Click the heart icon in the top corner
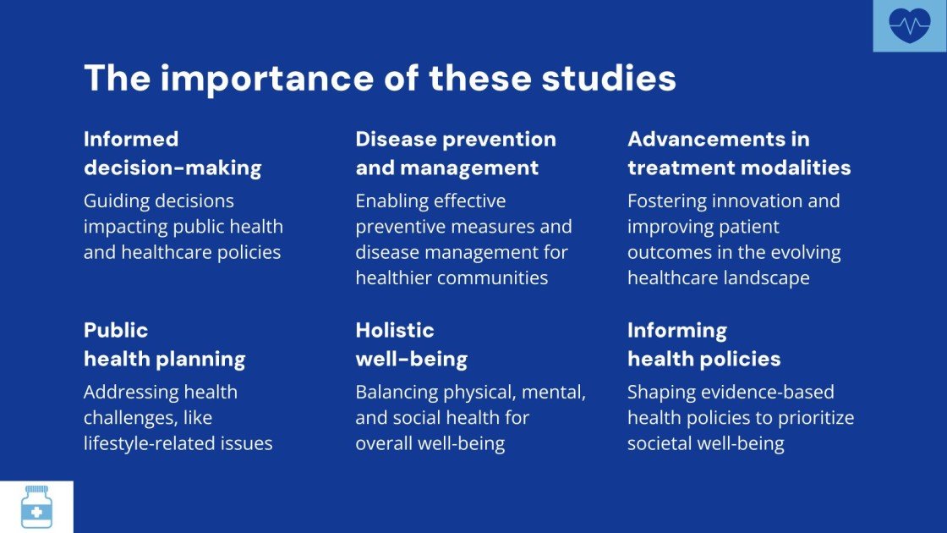(909, 26)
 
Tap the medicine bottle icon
(36, 507)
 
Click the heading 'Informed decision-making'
(172, 153)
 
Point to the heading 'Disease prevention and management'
(456, 153)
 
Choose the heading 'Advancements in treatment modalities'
(739, 153)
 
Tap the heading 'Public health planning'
(164, 344)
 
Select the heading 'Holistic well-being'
(411, 344)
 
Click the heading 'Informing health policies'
(703, 344)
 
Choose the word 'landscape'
(768, 277)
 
